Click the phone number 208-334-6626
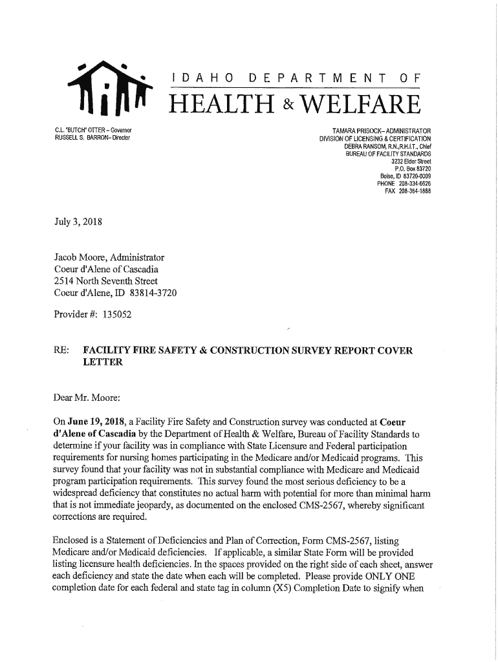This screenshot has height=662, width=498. tap(413, 184)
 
